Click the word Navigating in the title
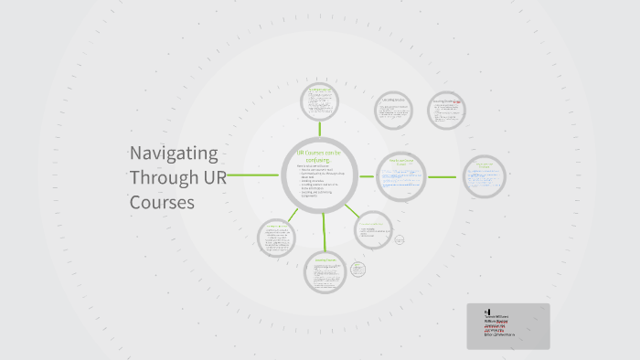(x=173, y=153)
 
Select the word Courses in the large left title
(x=162, y=202)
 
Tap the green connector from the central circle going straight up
(x=320, y=129)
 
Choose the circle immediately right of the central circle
(x=401, y=176)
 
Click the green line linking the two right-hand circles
(x=442, y=176)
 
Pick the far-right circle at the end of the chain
(x=483, y=176)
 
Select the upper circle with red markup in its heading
(x=447, y=111)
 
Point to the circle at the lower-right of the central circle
(x=373, y=230)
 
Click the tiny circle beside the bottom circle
(x=357, y=269)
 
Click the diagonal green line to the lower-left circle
(x=293, y=216)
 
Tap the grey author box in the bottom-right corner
(x=508, y=326)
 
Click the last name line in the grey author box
(x=499, y=335)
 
